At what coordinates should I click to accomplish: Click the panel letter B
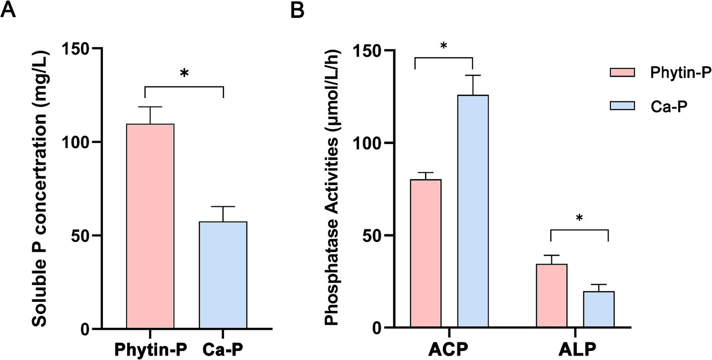[298, 10]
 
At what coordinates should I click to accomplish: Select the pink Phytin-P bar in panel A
[150, 226]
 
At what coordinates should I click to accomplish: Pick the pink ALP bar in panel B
[551, 296]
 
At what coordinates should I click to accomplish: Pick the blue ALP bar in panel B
[599, 309]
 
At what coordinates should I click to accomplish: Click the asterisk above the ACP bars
[443, 47]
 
